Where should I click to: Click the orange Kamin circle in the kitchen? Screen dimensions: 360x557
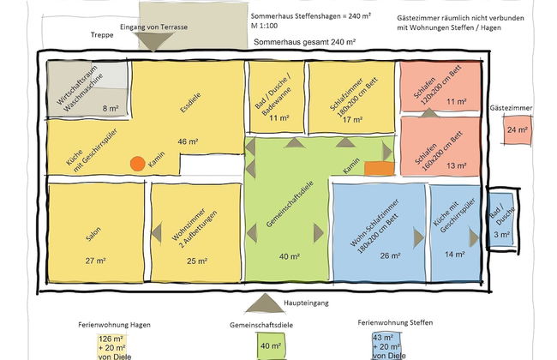coord(136,162)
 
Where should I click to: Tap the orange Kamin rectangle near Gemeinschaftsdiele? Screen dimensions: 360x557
coord(378,169)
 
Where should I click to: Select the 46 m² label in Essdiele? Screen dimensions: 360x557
coord(188,141)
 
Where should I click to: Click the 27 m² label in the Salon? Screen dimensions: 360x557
coord(95,260)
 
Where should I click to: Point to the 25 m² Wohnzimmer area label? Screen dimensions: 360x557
coord(196,261)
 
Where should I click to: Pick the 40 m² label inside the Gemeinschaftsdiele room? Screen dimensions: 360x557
coord(290,255)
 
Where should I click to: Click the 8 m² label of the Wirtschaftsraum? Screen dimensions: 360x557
coord(110,108)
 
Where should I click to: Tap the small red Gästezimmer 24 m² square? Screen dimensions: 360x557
coord(517,130)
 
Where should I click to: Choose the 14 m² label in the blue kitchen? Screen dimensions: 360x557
coord(454,254)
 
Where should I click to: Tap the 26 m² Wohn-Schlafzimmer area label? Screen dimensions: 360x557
coord(390,255)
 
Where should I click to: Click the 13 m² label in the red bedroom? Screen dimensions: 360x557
coord(456,166)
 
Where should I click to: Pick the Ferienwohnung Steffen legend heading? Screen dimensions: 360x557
coord(395,323)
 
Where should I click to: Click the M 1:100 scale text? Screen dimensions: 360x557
coord(270,27)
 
